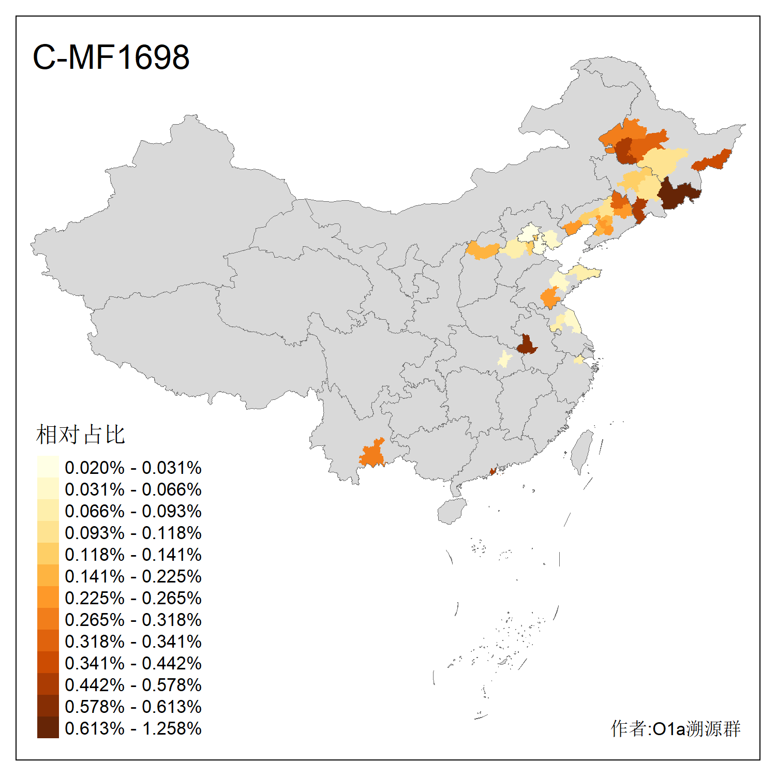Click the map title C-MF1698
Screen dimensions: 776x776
point(111,57)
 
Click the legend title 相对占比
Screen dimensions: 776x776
point(81,435)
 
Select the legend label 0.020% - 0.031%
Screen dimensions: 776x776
point(133,468)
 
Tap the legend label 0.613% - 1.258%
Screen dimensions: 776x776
point(133,728)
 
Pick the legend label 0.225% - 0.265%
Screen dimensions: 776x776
point(133,598)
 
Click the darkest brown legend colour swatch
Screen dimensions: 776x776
point(48,727)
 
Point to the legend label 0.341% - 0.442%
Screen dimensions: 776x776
point(133,663)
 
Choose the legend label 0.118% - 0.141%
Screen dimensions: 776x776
point(133,555)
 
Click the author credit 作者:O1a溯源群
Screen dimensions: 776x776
point(675,728)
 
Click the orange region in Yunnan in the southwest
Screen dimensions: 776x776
point(372,454)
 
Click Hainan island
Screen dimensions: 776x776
point(452,511)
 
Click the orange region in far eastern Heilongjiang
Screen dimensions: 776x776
point(713,160)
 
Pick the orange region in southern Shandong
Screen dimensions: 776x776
point(549,298)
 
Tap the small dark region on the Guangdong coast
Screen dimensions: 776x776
point(493,471)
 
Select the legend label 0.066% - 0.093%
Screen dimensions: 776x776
point(133,511)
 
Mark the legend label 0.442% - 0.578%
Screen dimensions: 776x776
point(133,685)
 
